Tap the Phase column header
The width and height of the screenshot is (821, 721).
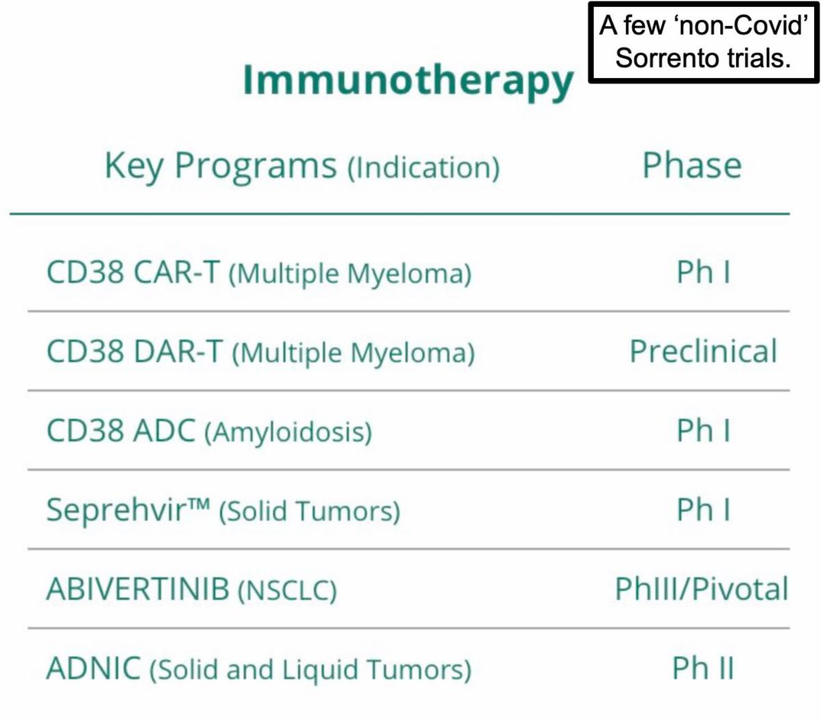click(692, 165)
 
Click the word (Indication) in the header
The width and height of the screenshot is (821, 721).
click(424, 168)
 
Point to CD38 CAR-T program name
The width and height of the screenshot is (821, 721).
click(133, 272)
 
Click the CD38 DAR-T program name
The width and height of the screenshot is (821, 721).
click(135, 351)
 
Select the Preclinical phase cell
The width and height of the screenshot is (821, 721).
click(703, 351)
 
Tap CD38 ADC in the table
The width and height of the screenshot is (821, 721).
click(121, 430)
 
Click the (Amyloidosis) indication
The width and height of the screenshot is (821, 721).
click(289, 432)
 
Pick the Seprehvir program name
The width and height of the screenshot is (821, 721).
click(129, 510)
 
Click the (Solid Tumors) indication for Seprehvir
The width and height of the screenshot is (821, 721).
click(310, 511)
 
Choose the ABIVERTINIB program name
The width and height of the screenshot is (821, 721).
click(138, 589)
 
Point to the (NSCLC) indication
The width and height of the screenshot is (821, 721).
click(287, 590)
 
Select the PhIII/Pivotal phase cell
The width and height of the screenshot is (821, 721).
click(701, 589)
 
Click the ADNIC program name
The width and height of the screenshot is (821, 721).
click(94, 668)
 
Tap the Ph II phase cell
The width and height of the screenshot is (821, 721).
click(703, 668)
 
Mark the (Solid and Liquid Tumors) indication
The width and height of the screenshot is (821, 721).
click(311, 670)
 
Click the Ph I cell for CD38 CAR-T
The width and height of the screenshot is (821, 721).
click(704, 272)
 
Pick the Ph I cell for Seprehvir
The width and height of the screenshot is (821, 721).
click(704, 509)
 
